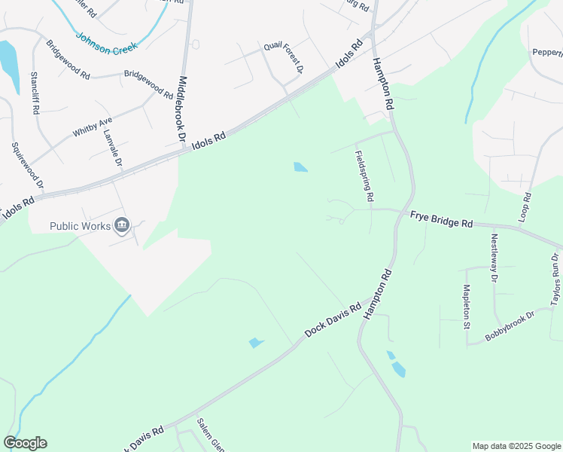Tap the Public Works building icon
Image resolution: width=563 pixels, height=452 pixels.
(x=122, y=225)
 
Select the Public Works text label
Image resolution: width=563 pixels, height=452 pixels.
(x=80, y=225)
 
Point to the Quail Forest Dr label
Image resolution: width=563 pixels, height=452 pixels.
(x=283, y=58)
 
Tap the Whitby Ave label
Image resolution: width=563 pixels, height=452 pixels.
(x=93, y=126)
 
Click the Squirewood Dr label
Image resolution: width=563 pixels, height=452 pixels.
(x=17, y=165)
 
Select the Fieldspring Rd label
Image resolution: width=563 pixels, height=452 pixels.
(x=364, y=176)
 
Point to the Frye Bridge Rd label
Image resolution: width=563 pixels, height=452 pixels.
(x=441, y=220)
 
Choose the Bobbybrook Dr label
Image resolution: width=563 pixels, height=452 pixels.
(x=509, y=325)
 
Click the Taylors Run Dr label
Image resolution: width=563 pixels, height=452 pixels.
(x=555, y=279)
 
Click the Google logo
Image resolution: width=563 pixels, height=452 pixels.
(x=25, y=443)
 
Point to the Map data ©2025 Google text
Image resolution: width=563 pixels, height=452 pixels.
(x=516, y=446)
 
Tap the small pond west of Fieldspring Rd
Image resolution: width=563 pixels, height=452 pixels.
(x=300, y=167)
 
